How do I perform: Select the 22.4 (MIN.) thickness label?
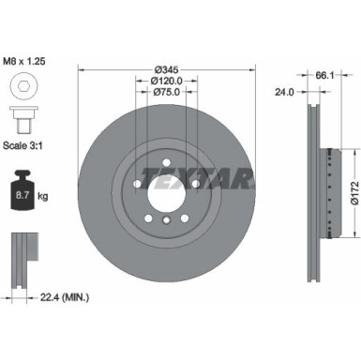63,298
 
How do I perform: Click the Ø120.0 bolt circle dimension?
166,82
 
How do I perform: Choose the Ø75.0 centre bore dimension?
166,92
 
